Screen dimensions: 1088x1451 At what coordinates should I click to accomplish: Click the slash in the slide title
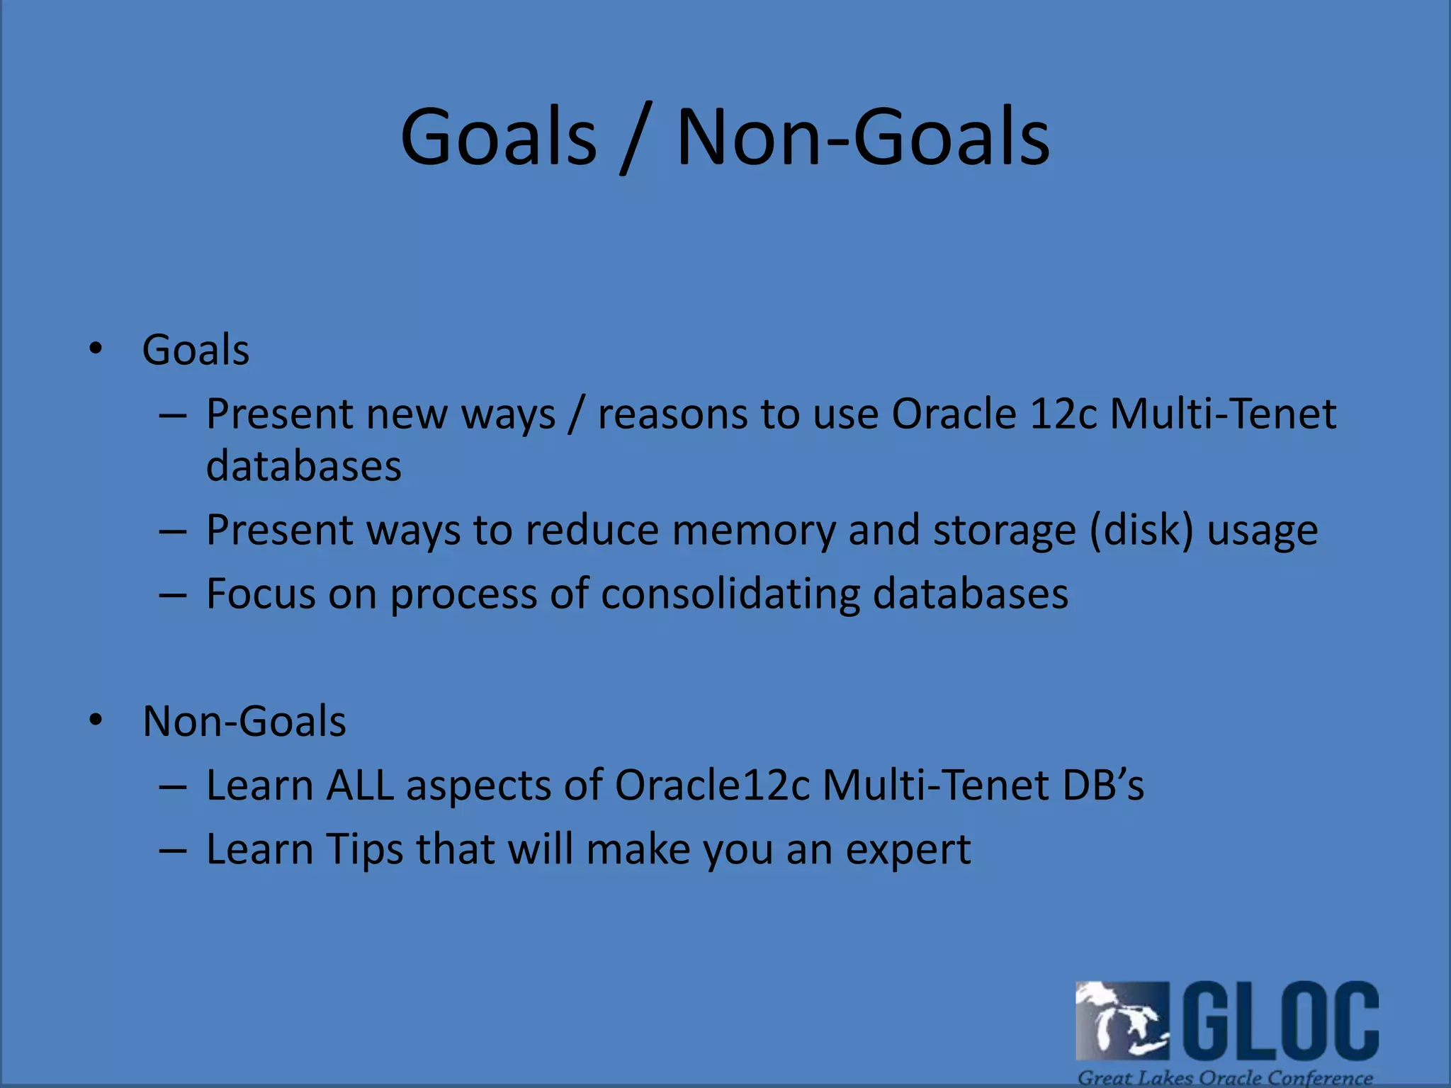click(636, 138)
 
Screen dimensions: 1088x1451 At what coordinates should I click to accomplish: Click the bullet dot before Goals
click(96, 348)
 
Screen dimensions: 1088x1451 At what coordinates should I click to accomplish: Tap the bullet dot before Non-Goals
click(96, 720)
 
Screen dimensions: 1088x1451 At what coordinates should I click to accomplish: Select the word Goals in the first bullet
click(196, 350)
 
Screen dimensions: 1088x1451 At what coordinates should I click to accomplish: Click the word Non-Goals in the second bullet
click(244, 721)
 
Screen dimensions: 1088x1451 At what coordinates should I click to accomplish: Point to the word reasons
click(672, 414)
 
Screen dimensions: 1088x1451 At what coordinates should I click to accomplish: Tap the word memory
click(754, 531)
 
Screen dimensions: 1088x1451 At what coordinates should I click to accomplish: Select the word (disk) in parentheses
click(1141, 531)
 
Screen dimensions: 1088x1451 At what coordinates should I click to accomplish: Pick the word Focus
click(261, 594)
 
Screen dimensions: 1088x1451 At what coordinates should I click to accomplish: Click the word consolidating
click(730, 594)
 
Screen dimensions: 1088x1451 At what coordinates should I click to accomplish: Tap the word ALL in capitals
click(360, 785)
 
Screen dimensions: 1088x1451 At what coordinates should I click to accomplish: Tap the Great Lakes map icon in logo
click(1121, 1020)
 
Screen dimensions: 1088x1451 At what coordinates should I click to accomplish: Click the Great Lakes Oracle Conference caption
click(1225, 1077)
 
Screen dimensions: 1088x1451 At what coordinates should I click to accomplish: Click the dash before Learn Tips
click(173, 849)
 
